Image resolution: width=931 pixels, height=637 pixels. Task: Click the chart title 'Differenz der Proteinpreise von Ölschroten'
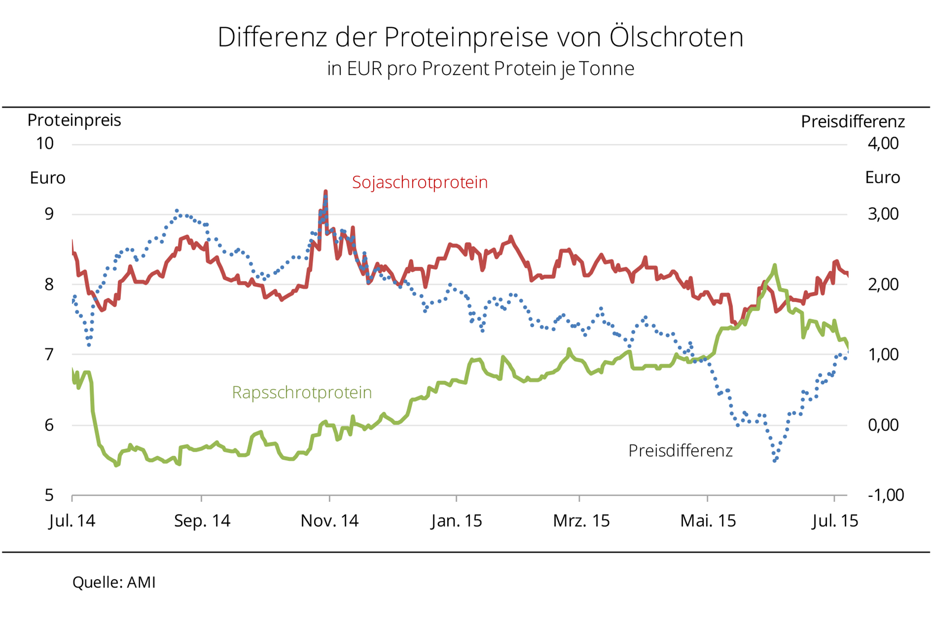[480, 37]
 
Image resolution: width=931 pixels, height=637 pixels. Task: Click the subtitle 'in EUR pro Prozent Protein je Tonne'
[481, 69]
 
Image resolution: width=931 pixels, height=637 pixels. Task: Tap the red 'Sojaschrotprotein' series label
[420, 182]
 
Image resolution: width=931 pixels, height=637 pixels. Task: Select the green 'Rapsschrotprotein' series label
[302, 392]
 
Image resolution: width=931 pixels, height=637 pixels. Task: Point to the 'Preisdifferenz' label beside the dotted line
[681, 451]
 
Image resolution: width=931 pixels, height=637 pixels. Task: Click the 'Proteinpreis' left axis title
[74, 121]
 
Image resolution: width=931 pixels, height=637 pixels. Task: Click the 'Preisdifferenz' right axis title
[852, 122]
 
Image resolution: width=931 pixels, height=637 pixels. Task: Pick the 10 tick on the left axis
[45, 144]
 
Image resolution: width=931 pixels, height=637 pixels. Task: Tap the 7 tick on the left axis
[49, 354]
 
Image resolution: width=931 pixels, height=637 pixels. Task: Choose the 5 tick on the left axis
[49, 495]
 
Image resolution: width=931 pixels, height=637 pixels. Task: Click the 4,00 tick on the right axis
[883, 144]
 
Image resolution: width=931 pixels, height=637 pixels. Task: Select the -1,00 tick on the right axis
[885, 495]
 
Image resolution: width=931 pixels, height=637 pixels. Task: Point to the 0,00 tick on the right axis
[883, 425]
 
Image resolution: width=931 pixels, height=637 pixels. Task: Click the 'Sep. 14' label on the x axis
[202, 521]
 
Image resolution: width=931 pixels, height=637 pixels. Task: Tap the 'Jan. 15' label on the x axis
[456, 521]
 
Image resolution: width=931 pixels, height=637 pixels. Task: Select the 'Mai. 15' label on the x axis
[708, 521]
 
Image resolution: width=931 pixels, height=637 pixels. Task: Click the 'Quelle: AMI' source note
[114, 582]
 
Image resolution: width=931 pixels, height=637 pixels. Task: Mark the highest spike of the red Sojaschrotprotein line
[325, 192]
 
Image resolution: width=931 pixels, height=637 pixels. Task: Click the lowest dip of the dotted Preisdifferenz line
[775, 461]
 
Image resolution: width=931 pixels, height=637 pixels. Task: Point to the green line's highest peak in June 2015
[775, 265]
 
